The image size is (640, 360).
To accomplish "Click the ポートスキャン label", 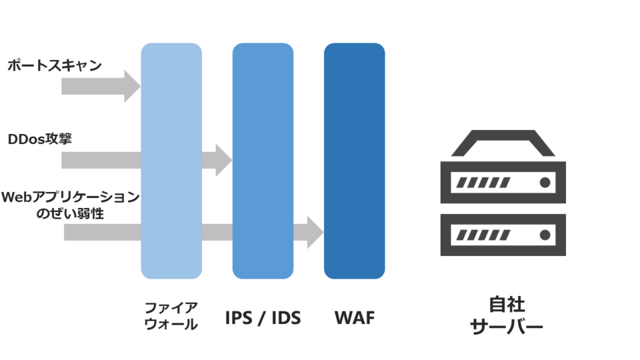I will click(x=55, y=65).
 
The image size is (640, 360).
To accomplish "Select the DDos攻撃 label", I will click(x=40, y=139).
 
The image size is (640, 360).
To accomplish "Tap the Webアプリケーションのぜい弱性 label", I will click(x=70, y=205).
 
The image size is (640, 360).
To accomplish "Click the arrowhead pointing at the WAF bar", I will click(x=314, y=232).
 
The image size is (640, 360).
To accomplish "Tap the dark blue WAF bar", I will click(x=354, y=160).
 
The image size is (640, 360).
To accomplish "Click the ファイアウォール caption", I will click(x=171, y=316).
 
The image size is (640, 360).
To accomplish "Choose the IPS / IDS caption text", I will click(x=263, y=318).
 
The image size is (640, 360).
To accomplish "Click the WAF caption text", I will click(x=354, y=318).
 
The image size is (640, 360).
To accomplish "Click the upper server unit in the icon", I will click(x=503, y=182).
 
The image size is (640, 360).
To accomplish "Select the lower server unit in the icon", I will click(x=503, y=235).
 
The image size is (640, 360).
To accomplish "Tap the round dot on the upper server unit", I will click(x=545, y=182).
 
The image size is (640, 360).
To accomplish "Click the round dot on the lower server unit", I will click(x=545, y=235).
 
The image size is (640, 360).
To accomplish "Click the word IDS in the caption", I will click(x=285, y=318).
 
